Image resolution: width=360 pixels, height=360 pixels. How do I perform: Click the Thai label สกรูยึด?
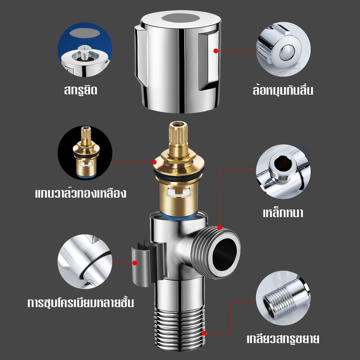[x=81, y=90]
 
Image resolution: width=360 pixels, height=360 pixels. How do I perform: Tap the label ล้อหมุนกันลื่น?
[x=283, y=90]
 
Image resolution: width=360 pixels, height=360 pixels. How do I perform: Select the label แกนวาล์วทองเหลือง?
[x=81, y=193]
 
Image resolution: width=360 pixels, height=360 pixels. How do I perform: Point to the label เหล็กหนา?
[x=283, y=212]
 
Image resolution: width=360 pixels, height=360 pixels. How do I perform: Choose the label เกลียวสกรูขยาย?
[x=283, y=339]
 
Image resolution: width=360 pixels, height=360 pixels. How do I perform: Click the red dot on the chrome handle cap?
[x=216, y=51]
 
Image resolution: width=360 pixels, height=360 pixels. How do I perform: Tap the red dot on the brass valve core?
[x=154, y=162]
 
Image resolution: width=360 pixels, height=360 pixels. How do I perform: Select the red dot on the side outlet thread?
[x=220, y=227]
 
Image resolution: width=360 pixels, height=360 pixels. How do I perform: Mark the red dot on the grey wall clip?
[x=135, y=263]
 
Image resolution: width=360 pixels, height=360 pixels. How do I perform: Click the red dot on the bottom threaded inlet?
[x=204, y=333]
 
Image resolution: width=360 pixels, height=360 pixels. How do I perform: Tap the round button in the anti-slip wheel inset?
[x=287, y=52]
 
